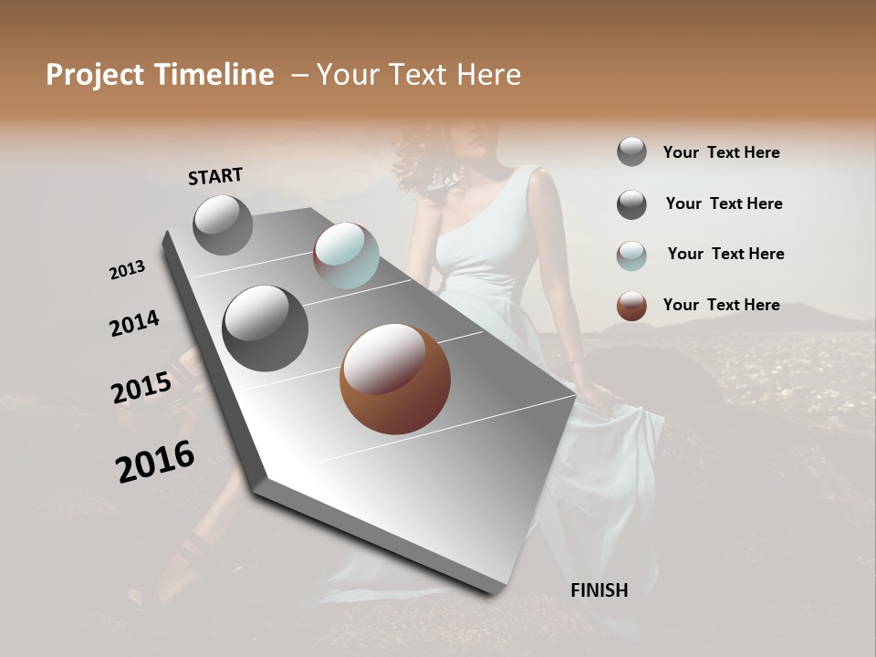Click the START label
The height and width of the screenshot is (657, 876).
(215, 176)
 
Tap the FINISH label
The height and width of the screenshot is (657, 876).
(600, 590)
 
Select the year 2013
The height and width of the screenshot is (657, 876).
(127, 270)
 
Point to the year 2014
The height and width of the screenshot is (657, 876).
(134, 324)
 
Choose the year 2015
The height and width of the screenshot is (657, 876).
(141, 388)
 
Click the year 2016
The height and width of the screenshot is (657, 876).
(155, 461)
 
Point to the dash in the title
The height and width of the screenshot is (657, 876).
(299, 75)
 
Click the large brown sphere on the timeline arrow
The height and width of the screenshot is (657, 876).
(395, 379)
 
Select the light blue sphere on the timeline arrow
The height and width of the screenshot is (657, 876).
(346, 255)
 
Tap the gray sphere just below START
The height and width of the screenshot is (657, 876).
(223, 224)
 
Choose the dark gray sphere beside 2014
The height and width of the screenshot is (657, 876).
(265, 328)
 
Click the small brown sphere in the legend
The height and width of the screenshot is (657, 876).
(631, 306)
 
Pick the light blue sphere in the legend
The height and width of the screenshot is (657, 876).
(631, 255)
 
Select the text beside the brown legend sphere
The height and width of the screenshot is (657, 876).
(721, 305)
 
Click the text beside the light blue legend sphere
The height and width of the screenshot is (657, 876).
(725, 254)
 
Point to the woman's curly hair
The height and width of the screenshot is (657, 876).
(429, 164)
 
